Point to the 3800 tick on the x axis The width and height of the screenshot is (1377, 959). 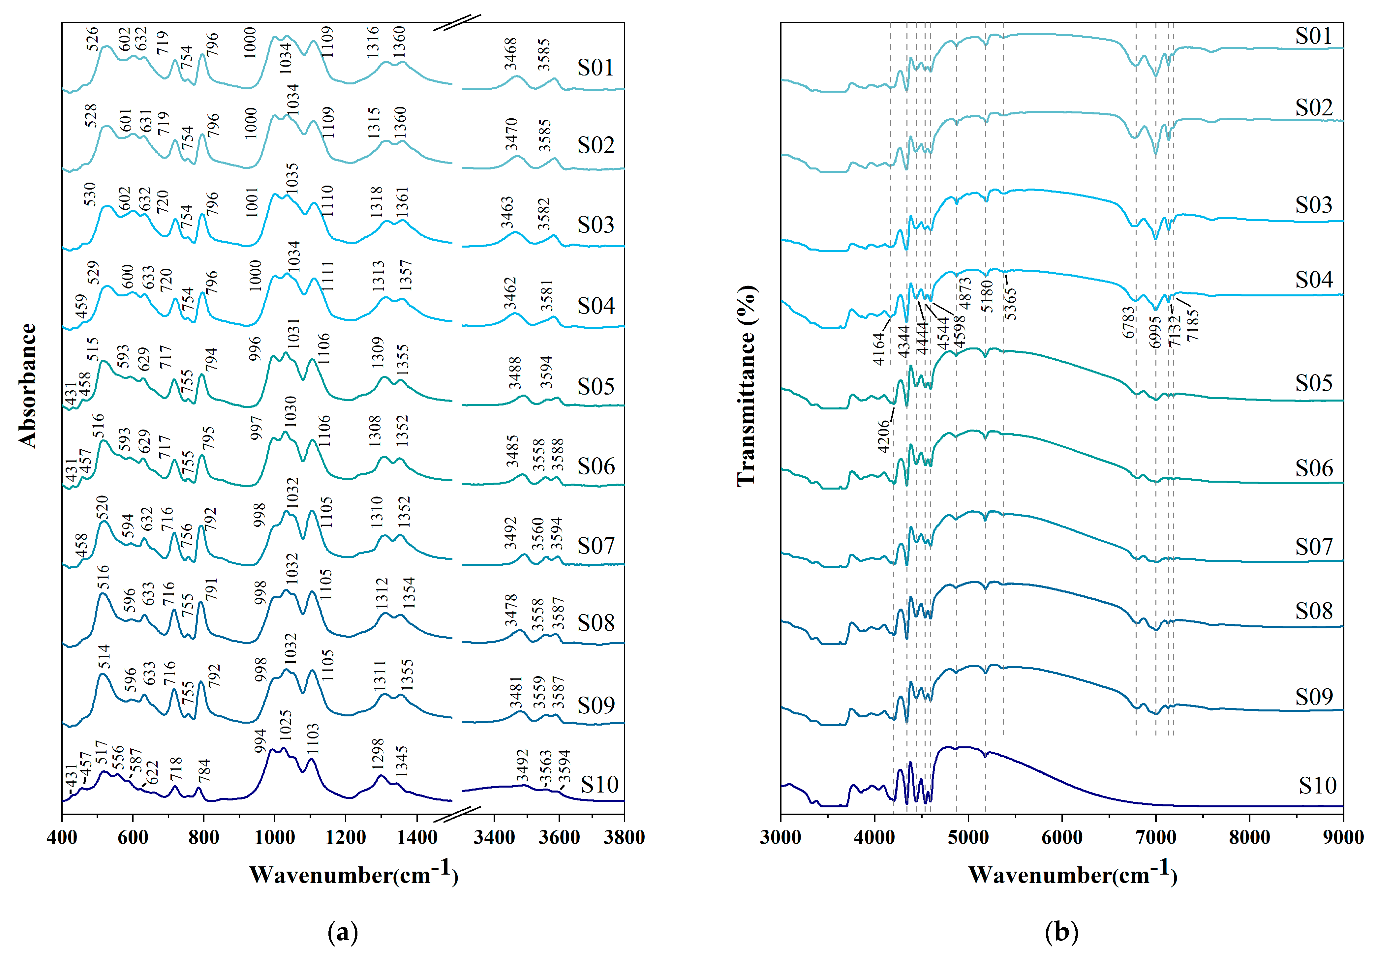624,837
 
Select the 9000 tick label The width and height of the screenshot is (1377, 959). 1343,837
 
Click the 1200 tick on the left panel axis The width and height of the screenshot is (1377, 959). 346,837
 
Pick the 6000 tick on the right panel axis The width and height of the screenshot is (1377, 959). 1061,837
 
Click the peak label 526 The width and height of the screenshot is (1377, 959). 92,39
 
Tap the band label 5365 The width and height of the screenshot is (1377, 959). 1011,304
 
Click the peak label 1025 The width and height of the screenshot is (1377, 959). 286,725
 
